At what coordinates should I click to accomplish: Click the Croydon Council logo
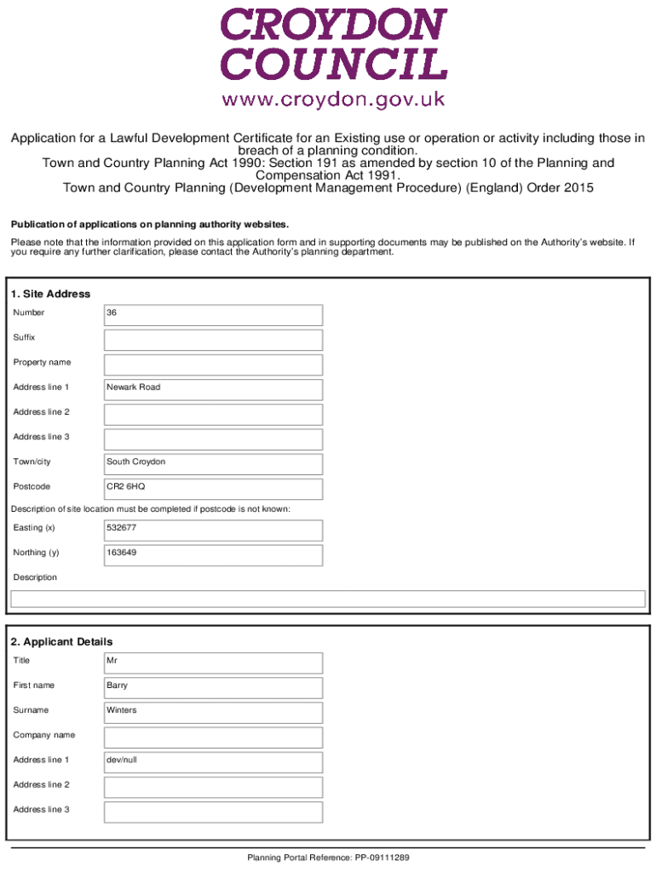pyautogui.click(x=334, y=45)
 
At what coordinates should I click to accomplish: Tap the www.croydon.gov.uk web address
pyautogui.click(x=334, y=100)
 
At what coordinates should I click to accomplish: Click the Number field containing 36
pyautogui.click(x=213, y=314)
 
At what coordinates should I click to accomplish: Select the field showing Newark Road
pyautogui.click(x=213, y=389)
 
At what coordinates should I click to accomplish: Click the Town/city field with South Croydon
pyautogui.click(x=213, y=463)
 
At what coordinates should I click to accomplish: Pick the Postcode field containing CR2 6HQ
pyautogui.click(x=213, y=488)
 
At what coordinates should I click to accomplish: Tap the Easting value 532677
pyautogui.click(x=213, y=530)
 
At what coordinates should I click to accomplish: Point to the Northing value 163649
pyautogui.click(x=213, y=554)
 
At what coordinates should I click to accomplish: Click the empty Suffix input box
pyautogui.click(x=213, y=340)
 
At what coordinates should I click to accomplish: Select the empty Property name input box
pyautogui.click(x=213, y=364)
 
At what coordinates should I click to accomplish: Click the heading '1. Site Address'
pyautogui.click(x=50, y=294)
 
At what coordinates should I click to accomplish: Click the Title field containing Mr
pyautogui.click(x=213, y=663)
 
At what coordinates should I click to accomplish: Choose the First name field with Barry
pyautogui.click(x=213, y=687)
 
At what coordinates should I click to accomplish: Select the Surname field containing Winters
pyautogui.click(x=213, y=712)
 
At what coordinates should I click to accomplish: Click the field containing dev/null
pyautogui.click(x=213, y=761)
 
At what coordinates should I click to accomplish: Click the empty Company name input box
pyautogui.click(x=213, y=737)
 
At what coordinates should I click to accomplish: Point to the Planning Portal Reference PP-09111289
pyautogui.click(x=329, y=858)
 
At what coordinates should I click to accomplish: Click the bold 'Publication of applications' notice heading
pyautogui.click(x=149, y=225)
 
